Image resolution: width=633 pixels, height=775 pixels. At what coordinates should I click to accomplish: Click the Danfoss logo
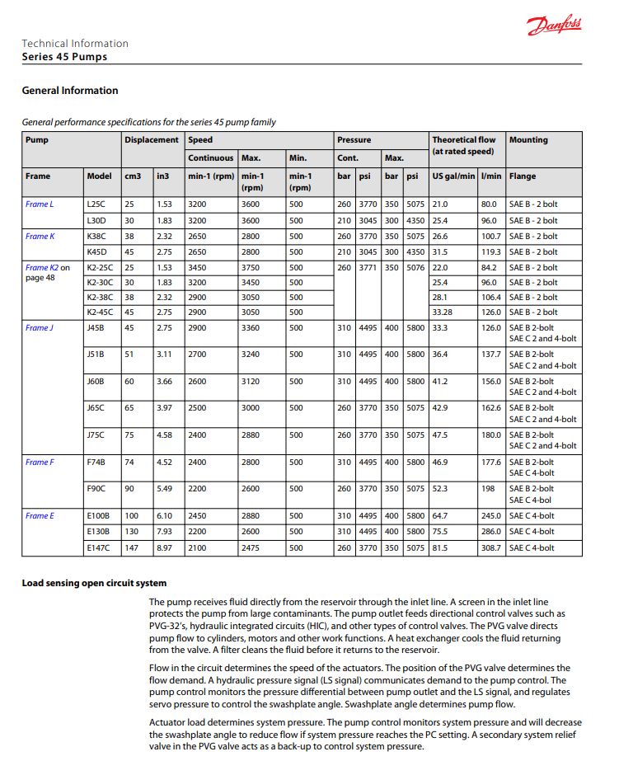click(554, 27)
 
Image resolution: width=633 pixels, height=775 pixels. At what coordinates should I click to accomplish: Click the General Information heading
click(70, 91)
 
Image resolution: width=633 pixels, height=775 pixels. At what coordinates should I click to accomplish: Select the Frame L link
click(39, 204)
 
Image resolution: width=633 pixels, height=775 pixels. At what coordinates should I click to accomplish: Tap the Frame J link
click(39, 328)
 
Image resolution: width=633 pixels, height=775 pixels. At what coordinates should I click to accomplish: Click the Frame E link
click(40, 516)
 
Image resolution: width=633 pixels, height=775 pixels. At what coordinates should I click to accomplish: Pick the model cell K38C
click(96, 237)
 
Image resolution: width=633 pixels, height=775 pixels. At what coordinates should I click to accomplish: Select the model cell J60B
click(96, 382)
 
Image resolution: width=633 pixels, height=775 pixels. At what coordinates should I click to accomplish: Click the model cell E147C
click(98, 547)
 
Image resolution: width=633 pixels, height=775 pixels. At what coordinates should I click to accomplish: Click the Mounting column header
click(528, 140)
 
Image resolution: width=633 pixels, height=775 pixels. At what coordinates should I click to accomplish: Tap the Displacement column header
click(151, 140)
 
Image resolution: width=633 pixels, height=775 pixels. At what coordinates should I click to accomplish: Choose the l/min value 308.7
click(490, 547)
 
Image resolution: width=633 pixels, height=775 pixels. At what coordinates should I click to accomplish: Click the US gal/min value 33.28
click(443, 312)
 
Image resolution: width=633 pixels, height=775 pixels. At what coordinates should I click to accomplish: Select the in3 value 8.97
click(165, 547)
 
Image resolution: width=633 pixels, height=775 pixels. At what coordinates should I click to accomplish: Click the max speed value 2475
click(250, 547)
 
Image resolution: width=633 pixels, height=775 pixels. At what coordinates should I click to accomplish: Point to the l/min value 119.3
click(490, 252)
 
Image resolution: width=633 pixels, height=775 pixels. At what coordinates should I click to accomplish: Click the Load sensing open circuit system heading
click(94, 584)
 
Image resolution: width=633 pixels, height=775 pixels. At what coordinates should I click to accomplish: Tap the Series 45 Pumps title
click(64, 58)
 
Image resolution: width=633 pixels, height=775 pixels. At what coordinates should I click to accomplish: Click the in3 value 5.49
click(165, 489)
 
